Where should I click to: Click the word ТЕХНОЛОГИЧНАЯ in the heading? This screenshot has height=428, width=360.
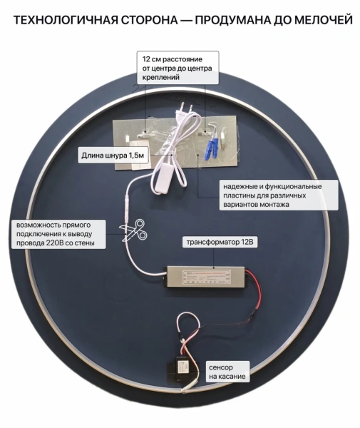pyautogui.click(x=66, y=20)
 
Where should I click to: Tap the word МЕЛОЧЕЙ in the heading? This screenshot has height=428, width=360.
pyautogui.click(x=324, y=20)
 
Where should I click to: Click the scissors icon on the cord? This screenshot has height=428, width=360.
pyautogui.click(x=133, y=230)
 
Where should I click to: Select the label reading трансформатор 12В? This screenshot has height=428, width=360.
pyautogui.click(x=220, y=242)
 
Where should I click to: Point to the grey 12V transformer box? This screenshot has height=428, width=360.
pyautogui.click(x=206, y=277)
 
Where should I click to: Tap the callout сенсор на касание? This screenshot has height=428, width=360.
pyautogui.click(x=227, y=372)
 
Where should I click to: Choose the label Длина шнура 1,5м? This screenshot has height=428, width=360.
pyautogui.click(x=113, y=156)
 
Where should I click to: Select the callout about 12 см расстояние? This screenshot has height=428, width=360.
pyautogui.click(x=178, y=68)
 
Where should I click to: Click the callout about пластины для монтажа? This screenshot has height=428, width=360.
pyautogui.click(x=279, y=195)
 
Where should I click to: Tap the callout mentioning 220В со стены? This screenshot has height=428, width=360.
pyautogui.click(x=58, y=234)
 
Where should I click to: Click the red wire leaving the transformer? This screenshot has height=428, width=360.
pyautogui.click(x=254, y=295)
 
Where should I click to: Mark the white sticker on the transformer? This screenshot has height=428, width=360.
pyautogui.click(x=207, y=277)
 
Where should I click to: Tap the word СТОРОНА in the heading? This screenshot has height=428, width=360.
pyautogui.click(x=150, y=20)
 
